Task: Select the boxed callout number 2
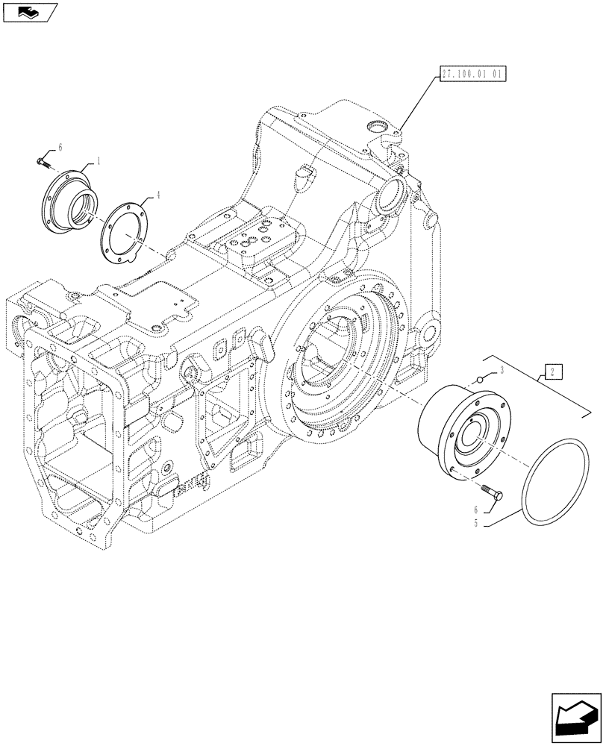point(553,371)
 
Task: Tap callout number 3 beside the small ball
point(503,371)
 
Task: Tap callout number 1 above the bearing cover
point(96,160)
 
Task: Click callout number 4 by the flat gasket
point(157,195)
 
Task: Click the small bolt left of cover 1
point(43,161)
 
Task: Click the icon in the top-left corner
point(29,10)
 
